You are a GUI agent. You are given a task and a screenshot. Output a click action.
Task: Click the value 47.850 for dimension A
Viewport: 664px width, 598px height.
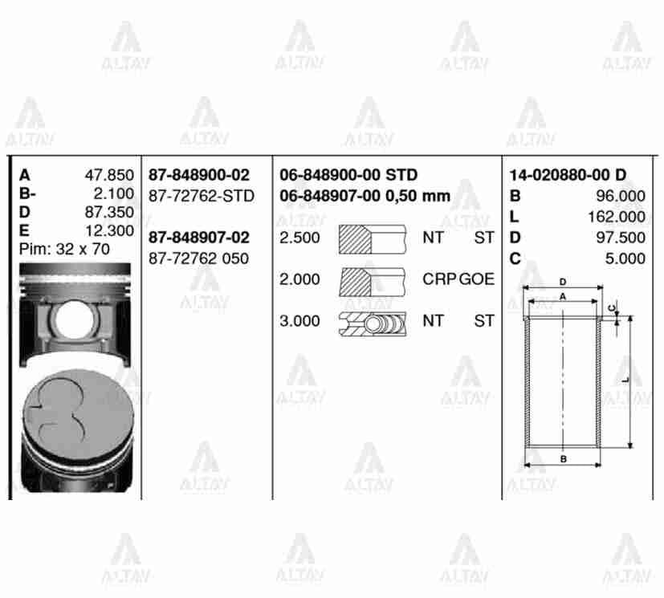(109, 175)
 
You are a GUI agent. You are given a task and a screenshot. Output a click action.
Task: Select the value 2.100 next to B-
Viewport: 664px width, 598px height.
(112, 193)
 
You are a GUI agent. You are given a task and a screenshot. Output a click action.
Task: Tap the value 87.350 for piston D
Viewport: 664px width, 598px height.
(109, 213)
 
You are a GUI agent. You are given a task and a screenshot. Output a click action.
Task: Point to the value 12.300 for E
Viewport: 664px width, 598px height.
(109, 231)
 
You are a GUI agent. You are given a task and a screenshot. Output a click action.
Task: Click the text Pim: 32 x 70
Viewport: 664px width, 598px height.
(64, 250)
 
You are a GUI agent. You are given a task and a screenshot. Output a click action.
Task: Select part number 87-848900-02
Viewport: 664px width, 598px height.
(198, 175)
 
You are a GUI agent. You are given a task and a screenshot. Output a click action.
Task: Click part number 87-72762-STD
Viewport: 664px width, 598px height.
(202, 196)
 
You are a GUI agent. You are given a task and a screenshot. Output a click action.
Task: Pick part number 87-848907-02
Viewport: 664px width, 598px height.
(198, 238)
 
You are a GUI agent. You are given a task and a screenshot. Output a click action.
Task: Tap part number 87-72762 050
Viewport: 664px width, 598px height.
(198, 258)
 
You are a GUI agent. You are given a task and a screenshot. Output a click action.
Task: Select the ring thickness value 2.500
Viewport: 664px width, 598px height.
(299, 238)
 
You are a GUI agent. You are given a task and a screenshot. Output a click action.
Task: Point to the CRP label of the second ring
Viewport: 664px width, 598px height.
(439, 280)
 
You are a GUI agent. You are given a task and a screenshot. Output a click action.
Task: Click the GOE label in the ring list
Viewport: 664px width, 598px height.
(477, 280)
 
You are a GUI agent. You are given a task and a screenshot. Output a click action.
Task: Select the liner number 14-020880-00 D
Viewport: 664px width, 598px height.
(568, 175)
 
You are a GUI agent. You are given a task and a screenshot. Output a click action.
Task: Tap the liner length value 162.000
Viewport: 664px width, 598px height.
(617, 217)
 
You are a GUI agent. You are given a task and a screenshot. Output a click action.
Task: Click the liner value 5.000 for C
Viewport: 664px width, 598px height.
(626, 258)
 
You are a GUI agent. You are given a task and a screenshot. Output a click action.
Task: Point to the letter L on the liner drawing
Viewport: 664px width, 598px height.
(625, 377)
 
